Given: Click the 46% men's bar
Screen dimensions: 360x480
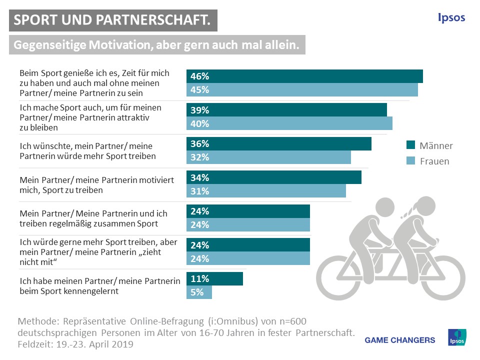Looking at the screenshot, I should [304, 76].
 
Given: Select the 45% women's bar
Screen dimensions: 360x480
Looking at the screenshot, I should [302, 90].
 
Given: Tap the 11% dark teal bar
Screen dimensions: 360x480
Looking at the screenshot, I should [214, 279].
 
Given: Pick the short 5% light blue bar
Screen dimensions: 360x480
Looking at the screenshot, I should [199, 292].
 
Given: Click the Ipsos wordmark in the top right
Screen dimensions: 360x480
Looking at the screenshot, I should [451, 18].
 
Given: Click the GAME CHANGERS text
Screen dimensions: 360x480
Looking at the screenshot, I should [400, 340].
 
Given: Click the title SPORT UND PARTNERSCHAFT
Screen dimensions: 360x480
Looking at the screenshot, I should [112, 20].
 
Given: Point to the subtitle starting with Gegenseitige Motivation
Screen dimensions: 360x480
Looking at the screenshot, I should [156, 45].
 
